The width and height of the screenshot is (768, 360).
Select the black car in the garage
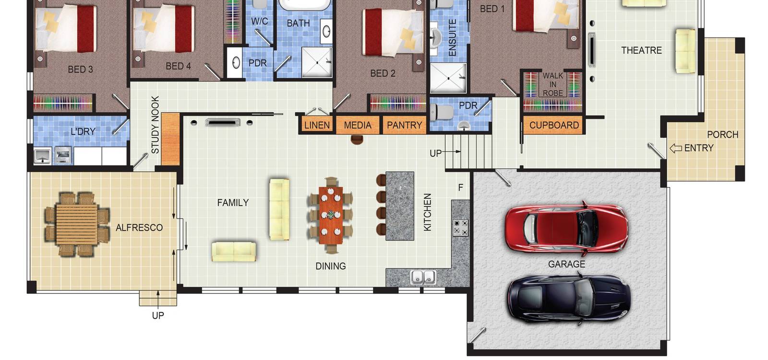[569, 299]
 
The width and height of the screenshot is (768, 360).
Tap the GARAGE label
[566, 264]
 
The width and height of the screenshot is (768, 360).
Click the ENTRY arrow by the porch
[676, 148]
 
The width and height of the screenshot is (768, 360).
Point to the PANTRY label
[404, 125]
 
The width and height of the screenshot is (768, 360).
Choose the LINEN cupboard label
[317, 125]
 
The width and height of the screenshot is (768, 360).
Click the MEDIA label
[358, 125]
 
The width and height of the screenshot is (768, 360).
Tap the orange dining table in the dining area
[331, 215]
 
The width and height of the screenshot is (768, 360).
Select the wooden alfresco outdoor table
[77, 224]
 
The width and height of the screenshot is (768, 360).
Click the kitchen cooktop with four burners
[460, 228]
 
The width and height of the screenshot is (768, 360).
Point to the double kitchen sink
[423, 277]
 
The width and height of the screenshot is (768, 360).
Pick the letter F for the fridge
[460, 188]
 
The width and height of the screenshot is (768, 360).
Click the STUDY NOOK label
[155, 124]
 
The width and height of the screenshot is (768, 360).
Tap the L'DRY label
[83, 132]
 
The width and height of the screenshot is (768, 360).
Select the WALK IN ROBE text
[552, 84]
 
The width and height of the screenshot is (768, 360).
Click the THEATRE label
[641, 50]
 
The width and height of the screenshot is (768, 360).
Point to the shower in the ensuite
[448, 78]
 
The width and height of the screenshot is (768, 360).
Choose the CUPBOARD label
[554, 125]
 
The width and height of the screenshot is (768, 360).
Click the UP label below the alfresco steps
[158, 315]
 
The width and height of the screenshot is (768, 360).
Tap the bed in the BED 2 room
[393, 33]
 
